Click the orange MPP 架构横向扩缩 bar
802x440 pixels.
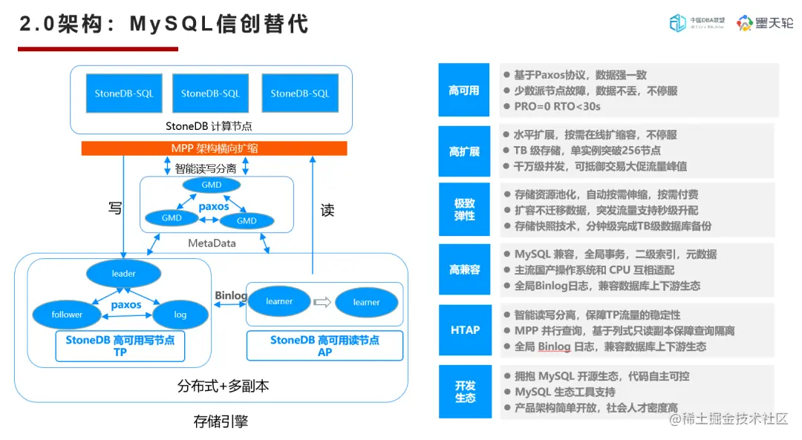[214, 148]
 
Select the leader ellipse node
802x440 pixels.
[123, 274]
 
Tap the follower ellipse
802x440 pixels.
[67, 315]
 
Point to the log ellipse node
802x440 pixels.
[180, 315]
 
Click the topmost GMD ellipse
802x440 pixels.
[211, 185]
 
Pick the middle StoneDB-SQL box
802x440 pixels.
[210, 93]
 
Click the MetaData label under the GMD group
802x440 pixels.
[212, 243]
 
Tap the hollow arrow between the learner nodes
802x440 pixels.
[321, 302]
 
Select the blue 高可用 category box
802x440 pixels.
[464, 91]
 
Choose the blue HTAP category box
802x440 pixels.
[464, 329]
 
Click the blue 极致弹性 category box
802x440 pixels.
[464, 209]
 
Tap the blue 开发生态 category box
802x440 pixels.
[464, 391]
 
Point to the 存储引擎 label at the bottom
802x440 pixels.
[221, 422]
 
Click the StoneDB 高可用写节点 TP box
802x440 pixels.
[120, 346]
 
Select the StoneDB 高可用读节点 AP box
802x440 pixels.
[325, 346]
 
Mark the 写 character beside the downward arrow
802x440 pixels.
[114, 209]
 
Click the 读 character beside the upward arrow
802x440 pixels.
[327, 211]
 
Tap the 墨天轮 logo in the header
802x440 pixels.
[765, 24]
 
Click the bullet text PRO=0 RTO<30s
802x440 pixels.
[558, 106]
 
